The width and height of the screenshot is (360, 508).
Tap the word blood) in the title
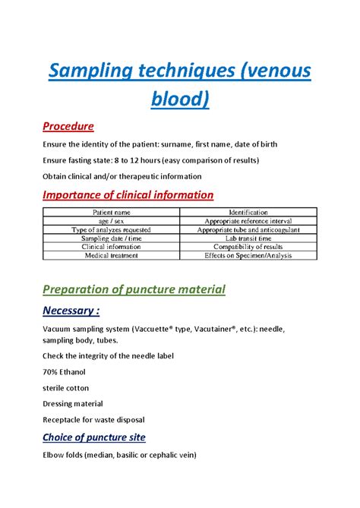point(180,99)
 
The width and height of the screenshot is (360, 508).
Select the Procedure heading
point(68,126)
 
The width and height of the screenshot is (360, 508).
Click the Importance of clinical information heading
point(128,194)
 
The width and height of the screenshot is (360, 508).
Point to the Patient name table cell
point(112,213)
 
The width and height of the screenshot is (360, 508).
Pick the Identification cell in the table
point(248,213)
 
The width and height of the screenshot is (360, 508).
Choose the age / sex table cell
point(112,221)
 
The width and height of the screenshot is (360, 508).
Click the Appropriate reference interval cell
point(248,221)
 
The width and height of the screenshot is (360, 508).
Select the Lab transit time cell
point(248,238)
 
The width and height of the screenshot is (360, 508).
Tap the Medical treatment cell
point(112,255)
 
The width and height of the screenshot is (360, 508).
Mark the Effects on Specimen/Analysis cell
point(248,255)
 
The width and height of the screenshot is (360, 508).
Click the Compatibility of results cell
point(248,247)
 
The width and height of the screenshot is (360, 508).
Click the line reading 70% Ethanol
point(64,372)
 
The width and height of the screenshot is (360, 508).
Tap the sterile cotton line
point(68,388)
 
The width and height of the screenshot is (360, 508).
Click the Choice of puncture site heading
point(93,437)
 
